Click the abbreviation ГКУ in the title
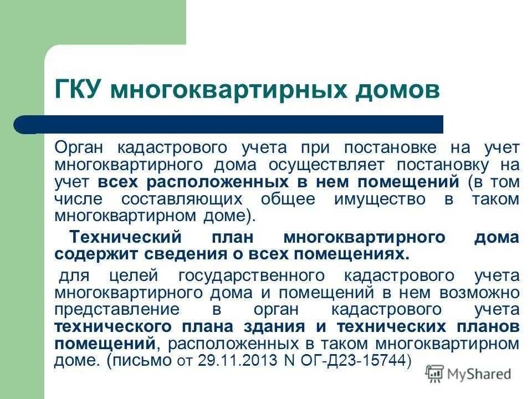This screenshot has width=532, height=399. click(78, 89)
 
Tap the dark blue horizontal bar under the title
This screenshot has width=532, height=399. click(228, 125)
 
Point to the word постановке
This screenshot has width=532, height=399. click(391, 148)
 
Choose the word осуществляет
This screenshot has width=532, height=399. click(327, 165)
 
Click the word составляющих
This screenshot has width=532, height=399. click(182, 199)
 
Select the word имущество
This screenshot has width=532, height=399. click(380, 199)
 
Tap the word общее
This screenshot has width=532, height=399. click(288, 199)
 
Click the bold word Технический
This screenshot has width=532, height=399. click(126, 237)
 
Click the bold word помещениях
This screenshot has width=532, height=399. click(351, 254)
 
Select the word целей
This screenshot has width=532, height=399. click(134, 276)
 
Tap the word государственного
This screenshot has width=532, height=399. click(252, 276)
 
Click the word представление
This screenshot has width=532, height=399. click(117, 310)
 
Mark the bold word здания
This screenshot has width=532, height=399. click(274, 327)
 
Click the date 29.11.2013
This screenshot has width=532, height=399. click(238, 360)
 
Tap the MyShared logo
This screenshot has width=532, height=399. click(469, 374)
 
